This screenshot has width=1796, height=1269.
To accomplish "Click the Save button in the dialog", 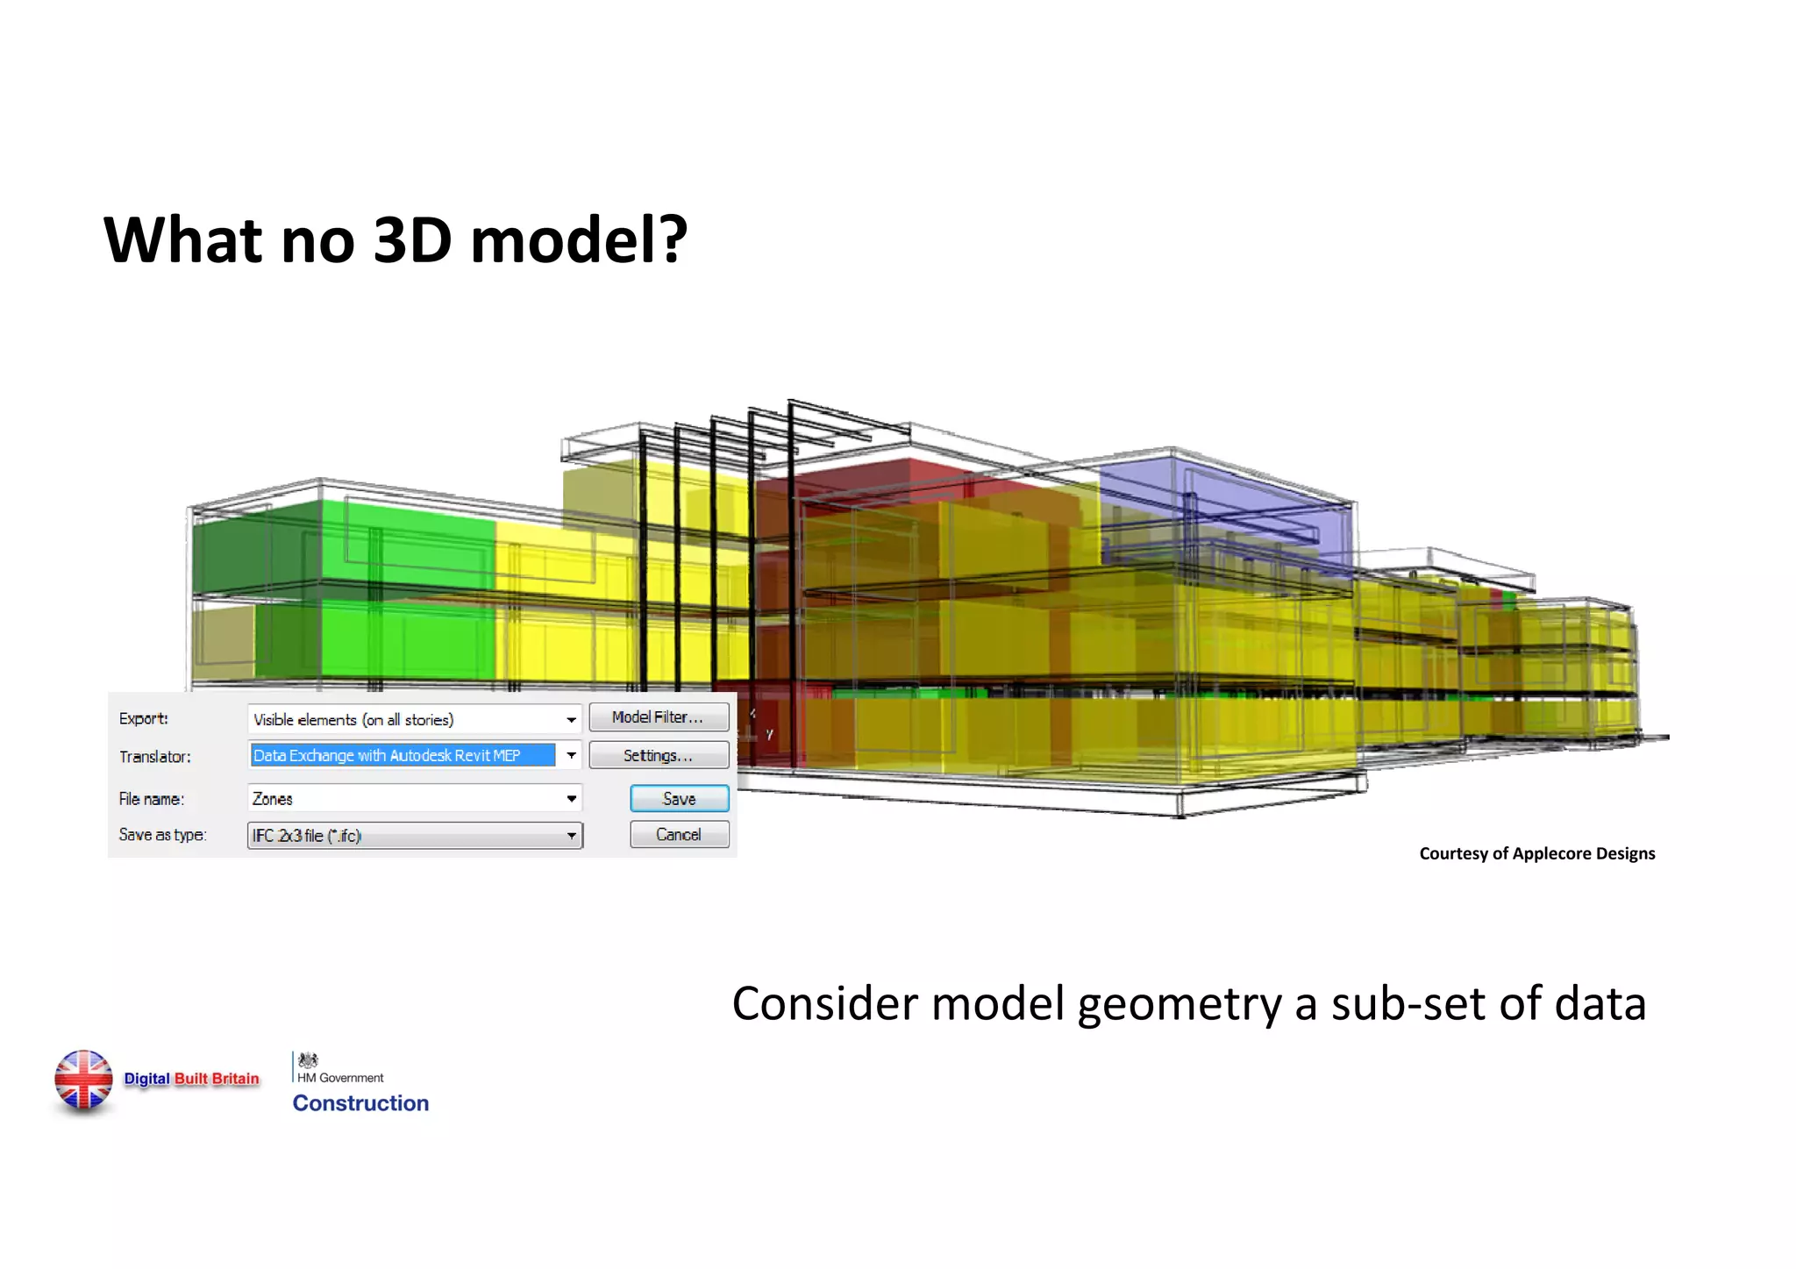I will pyautogui.click(x=679, y=799).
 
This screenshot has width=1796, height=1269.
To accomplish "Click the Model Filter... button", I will pyautogui.click(x=658, y=717).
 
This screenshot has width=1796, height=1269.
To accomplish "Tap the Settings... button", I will pyautogui.click(x=658, y=755).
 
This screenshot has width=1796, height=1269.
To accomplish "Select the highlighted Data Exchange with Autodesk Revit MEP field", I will pyautogui.click(x=403, y=755).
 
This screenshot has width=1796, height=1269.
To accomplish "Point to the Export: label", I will pyautogui.click(x=143, y=718).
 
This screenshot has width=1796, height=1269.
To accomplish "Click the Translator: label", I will pyautogui.click(x=154, y=756).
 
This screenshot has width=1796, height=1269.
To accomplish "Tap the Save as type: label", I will pyautogui.click(x=162, y=835).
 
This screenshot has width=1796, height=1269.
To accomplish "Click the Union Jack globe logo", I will pyautogui.click(x=83, y=1080).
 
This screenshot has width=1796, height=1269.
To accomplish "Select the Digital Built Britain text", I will pyautogui.click(x=191, y=1079).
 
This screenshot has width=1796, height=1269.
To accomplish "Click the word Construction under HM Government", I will pyautogui.click(x=360, y=1103).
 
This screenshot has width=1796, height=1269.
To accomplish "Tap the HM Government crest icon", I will pyautogui.click(x=308, y=1060).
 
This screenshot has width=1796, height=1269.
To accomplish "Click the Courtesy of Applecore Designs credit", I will pyautogui.click(x=1536, y=853).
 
